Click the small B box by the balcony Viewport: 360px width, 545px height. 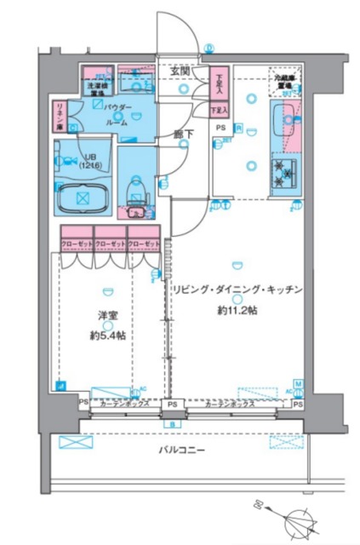(172, 422)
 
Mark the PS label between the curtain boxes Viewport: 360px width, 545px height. (172, 404)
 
